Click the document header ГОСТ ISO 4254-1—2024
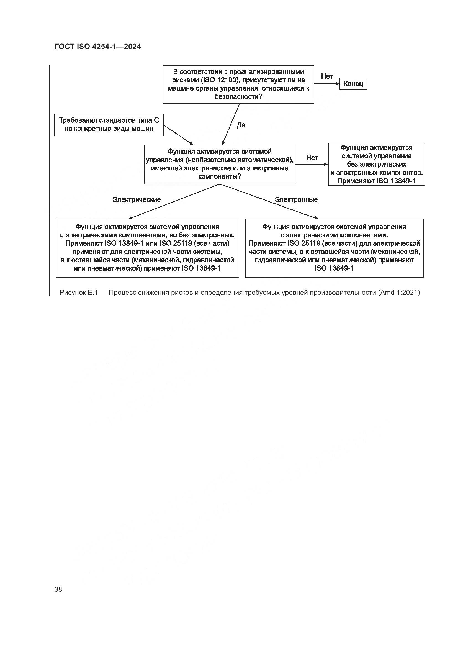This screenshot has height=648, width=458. [x=97, y=47]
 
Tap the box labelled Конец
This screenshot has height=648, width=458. [x=353, y=84]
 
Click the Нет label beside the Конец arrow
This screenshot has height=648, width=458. [x=327, y=76]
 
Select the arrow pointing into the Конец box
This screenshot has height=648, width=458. [x=326, y=84]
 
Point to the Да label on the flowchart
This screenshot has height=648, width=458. [x=241, y=125]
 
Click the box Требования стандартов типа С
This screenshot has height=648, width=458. [x=109, y=125]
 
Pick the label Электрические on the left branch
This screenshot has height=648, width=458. [x=137, y=199]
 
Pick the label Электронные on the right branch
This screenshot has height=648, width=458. [x=296, y=199]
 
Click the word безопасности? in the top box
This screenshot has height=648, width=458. [x=238, y=96]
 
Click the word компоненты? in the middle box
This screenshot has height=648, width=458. [x=219, y=176]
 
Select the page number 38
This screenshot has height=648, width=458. [x=58, y=589]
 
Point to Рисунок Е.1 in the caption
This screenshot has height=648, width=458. [x=78, y=293]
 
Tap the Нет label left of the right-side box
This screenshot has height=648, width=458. [x=312, y=158]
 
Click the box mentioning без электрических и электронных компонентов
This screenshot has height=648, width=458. [x=377, y=164]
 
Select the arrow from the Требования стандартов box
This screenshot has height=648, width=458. [x=178, y=135]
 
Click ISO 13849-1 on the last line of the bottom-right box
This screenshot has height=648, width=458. [x=334, y=268]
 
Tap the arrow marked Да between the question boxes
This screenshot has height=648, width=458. [x=231, y=124]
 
